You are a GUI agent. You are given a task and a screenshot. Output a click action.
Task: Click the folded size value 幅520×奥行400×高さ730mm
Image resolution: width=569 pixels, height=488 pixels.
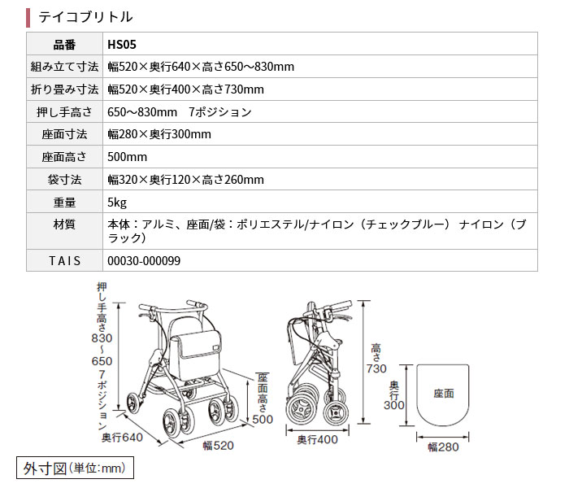pyautogui.click(x=185, y=89)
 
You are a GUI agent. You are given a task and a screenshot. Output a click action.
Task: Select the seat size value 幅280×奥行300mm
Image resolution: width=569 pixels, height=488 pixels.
pyautogui.click(x=159, y=134)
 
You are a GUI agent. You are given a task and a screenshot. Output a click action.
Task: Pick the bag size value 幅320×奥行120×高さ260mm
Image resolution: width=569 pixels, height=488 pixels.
pyautogui.click(x=185, y=180)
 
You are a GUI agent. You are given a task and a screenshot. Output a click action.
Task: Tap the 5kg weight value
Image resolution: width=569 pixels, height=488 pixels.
pyautogui.click(x=116, y=202)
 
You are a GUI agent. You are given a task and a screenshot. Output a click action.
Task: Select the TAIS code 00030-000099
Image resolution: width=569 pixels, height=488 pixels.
pyautogui.click(x=144, y=260)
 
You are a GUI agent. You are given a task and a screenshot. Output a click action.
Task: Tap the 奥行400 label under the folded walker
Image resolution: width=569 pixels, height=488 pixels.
pyautogui.click(x=316, y=440)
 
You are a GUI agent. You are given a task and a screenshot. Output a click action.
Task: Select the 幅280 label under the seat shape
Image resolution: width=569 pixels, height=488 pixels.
pyautogui.click(x=444, y=447)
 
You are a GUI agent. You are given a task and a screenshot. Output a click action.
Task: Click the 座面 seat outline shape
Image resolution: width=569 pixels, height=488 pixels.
pyautogui.click(x=444, y=394)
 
